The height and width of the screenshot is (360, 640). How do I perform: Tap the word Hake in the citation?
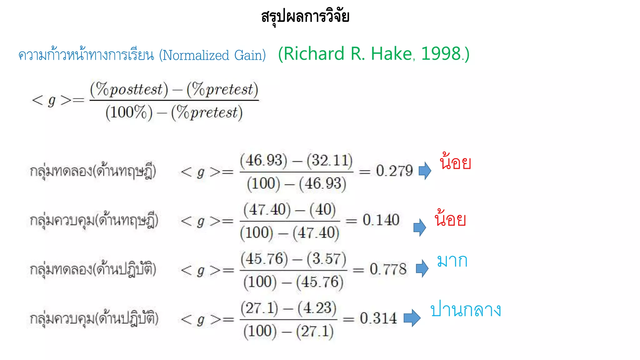(x=391, y=54)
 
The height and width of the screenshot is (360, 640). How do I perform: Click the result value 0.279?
(x=394, y=171)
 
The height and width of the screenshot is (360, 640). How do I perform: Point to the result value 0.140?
(x=381, y=220)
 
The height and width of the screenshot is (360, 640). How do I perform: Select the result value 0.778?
(x=388, y=269)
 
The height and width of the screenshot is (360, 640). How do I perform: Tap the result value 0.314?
(x=378, y=318)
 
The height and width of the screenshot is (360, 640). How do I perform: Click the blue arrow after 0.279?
(x=425, y=171)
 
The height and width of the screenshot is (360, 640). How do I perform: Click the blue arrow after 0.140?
(x=420, y=227)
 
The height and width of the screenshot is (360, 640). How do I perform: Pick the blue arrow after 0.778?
(x=422, y=268)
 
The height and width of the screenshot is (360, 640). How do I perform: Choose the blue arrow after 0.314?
(x=412, y=318)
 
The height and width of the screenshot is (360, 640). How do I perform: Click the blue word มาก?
(x=452, y=261)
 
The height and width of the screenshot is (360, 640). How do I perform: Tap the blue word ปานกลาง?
(x=466, y=310)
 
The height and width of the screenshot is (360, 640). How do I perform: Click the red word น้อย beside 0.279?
(x=455, y=162)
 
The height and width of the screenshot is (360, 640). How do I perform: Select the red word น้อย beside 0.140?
(x=450, y=218)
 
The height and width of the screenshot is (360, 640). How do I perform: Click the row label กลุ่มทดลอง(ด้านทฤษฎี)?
(x=93, y=171)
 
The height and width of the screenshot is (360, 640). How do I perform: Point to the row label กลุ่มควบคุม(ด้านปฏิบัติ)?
(x=94, y=318)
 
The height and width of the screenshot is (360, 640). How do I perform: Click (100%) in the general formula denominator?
(x=129, y=112)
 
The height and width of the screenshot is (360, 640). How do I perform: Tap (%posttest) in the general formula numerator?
(x=129, y=90)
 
